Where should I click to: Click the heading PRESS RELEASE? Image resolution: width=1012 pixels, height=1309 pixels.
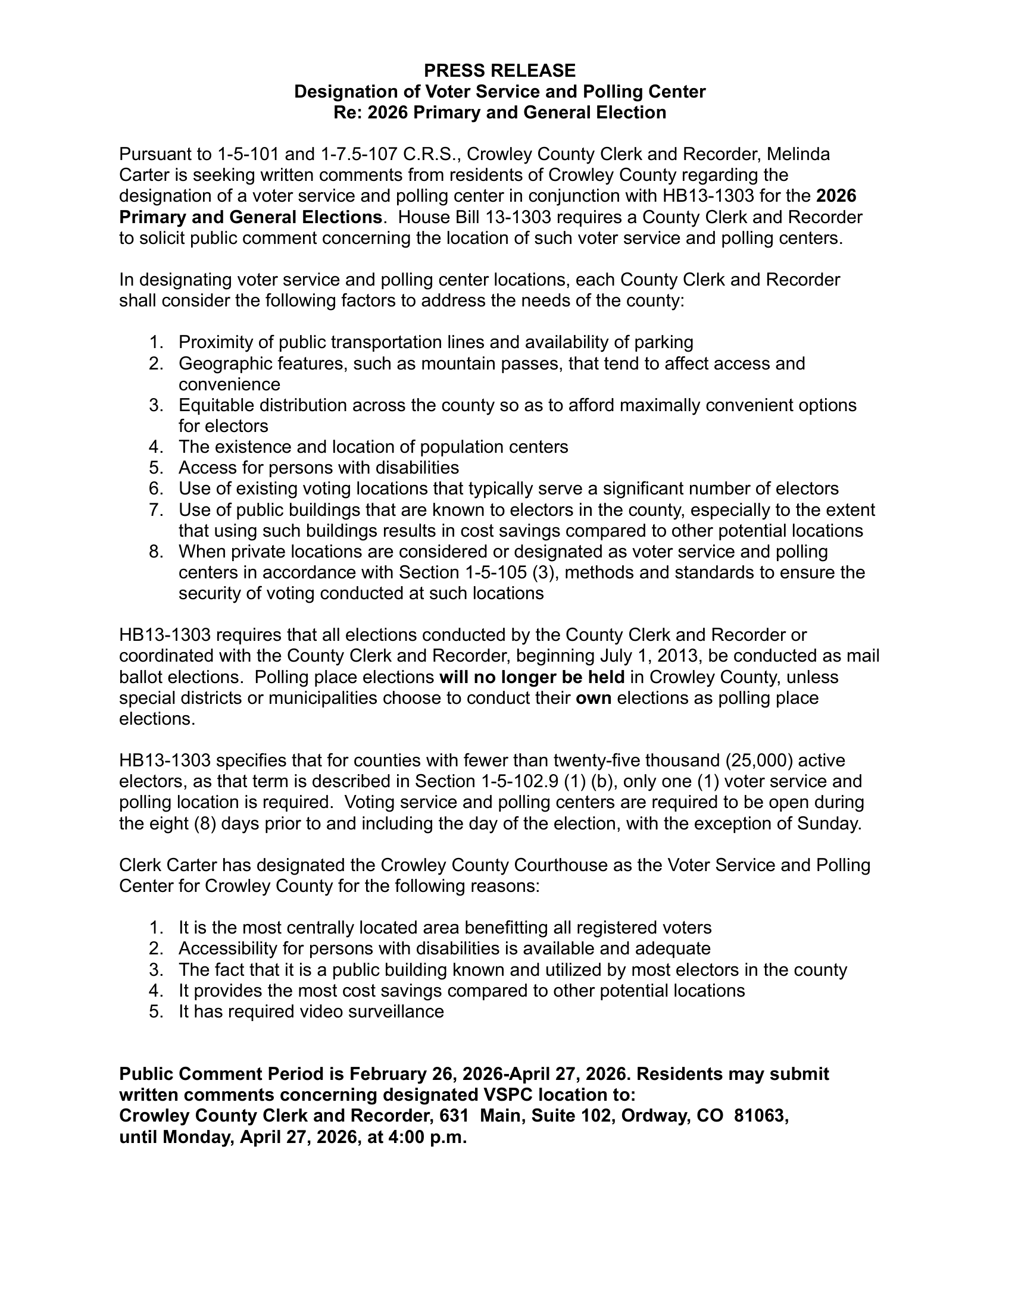tap(499, 71)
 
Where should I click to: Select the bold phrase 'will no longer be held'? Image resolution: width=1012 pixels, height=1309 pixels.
tap(532, 677)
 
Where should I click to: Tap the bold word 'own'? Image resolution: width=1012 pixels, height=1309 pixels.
tap(593, 698)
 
